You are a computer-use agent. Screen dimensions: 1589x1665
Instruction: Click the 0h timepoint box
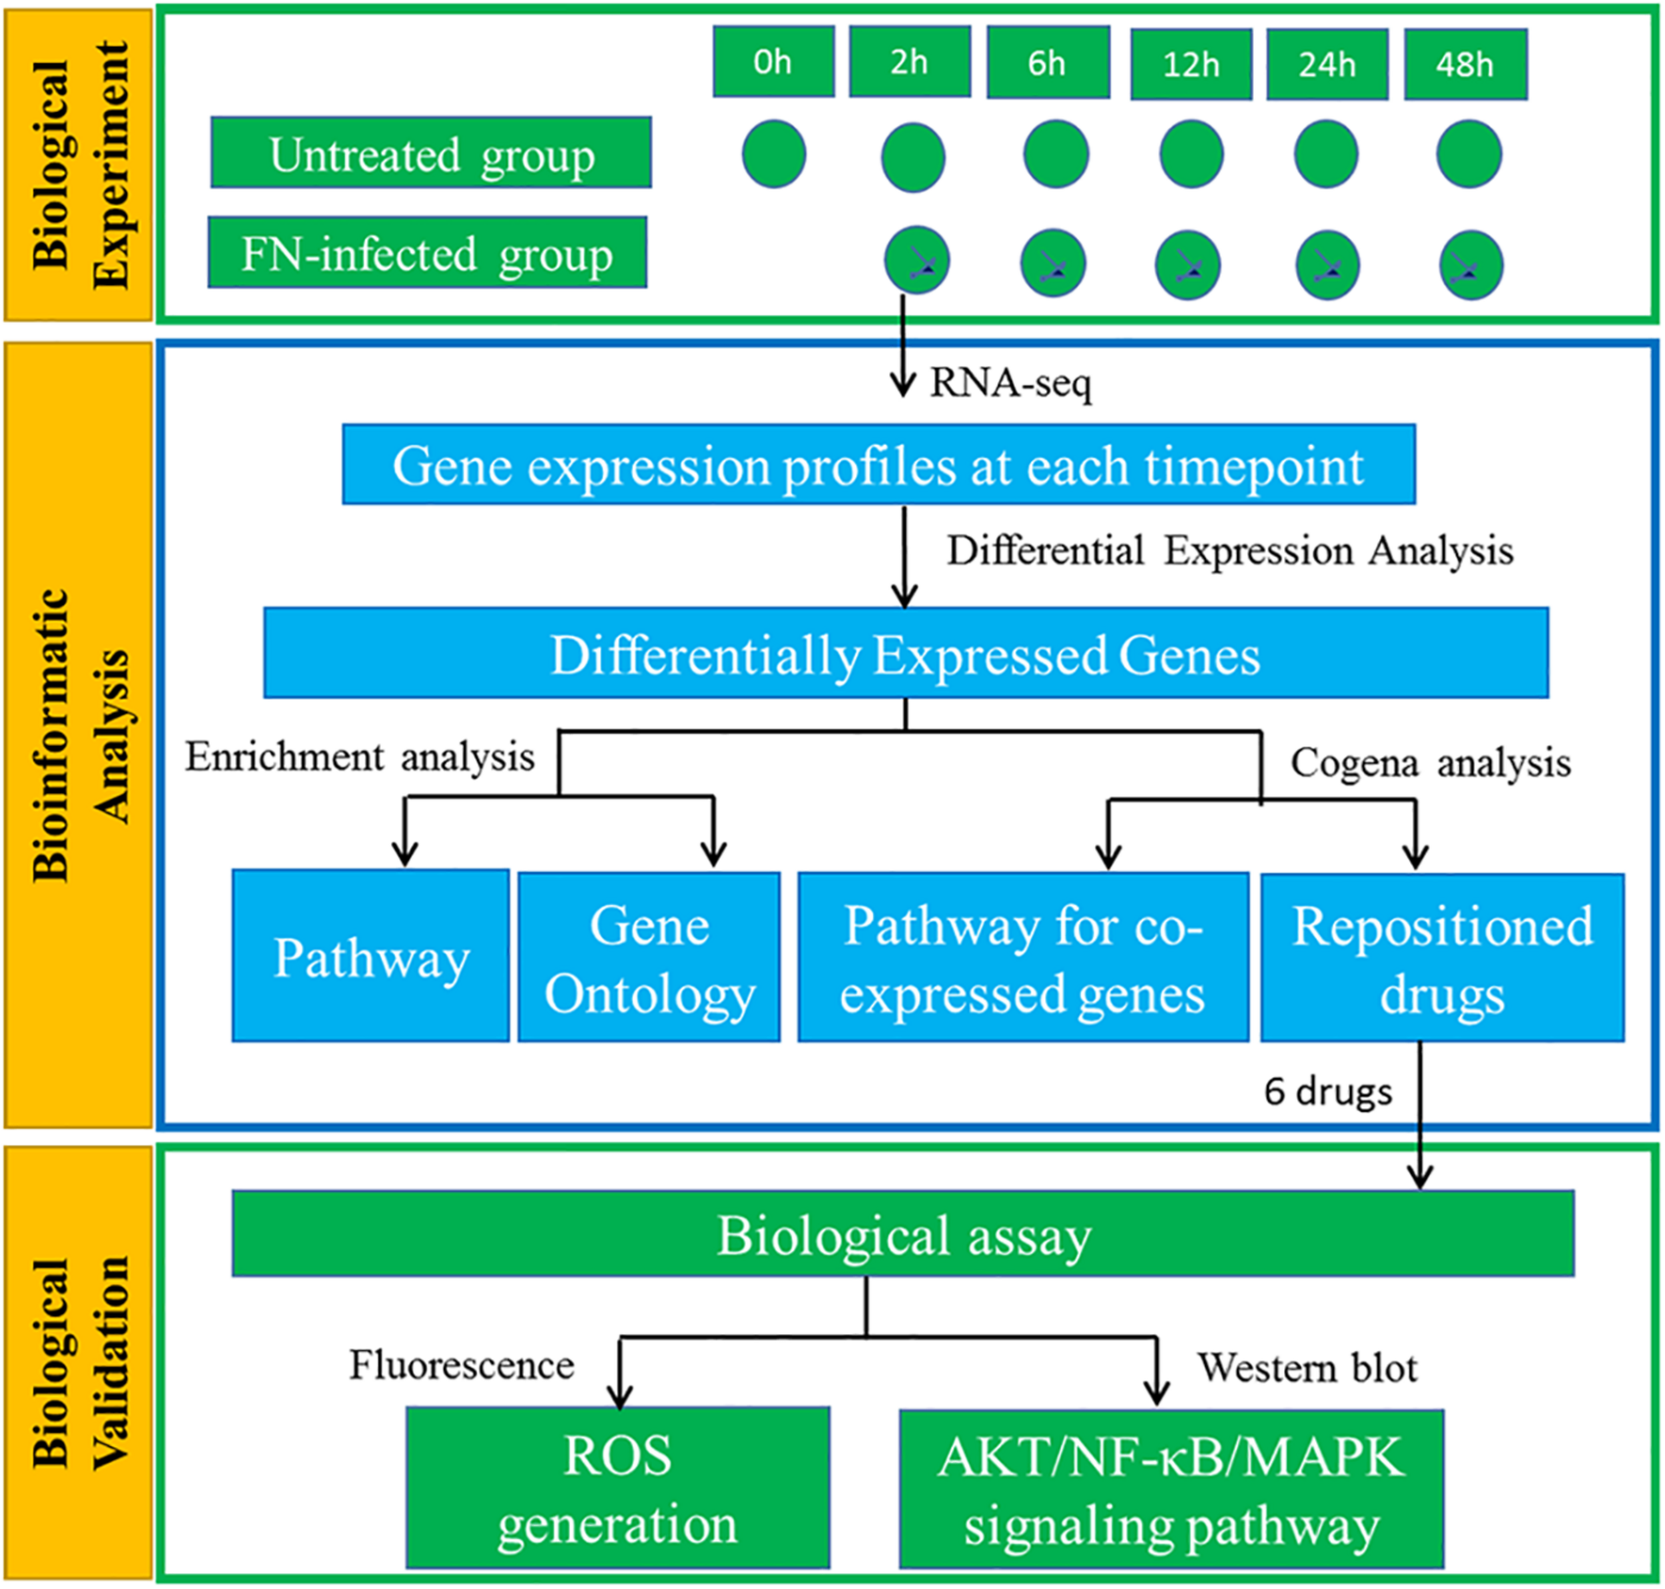pos(773,62)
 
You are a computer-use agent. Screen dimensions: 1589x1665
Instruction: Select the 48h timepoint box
pos(1465,65)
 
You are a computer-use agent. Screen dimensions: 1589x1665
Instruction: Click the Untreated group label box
pos(431,153)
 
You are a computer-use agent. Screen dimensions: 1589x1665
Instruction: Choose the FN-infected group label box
pos(428,253)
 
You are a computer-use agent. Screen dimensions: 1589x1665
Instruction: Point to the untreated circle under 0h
pos(773,154)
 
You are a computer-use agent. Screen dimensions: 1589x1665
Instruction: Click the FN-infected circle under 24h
pos(1327,266)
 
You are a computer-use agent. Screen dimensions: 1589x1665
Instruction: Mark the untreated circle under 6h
pos(1055,154)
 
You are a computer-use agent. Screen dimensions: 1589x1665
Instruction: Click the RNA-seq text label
pos(1010,383)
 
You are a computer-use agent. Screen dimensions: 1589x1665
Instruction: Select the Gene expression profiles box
pos(878,465)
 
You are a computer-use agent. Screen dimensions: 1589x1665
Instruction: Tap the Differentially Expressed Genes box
pos(905,654)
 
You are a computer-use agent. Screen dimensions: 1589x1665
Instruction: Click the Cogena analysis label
pos(1429,762)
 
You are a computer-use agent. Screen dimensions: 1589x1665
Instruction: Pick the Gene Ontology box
pos(649,957)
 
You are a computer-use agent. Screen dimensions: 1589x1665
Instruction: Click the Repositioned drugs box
pos(1441,958)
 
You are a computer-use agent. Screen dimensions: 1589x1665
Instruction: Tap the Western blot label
pos(1306,1368)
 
